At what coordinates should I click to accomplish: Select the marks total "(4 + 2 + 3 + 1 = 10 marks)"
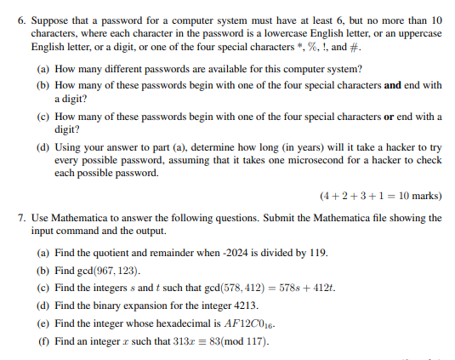380,196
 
